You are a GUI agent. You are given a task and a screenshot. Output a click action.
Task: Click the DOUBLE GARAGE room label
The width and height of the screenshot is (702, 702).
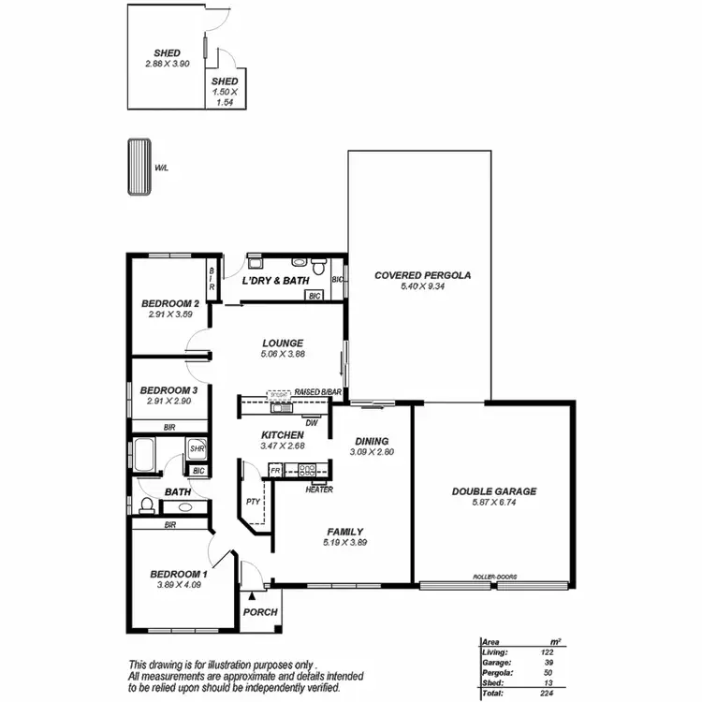[493, 491]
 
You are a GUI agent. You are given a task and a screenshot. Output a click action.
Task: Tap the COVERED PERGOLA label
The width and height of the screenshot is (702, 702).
[421, 275]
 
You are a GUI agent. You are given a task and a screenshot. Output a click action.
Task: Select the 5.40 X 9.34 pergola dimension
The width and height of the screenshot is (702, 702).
[421, 286]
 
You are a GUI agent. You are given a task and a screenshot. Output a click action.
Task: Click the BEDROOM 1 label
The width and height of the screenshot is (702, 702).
[178, 574]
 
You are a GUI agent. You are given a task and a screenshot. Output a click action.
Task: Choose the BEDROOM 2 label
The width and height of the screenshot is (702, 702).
[169, 304]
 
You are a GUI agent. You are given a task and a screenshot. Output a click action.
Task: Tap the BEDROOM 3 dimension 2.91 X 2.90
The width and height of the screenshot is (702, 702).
[169, 401]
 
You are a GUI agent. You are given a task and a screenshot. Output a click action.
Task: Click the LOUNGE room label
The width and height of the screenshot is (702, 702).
[282, 343]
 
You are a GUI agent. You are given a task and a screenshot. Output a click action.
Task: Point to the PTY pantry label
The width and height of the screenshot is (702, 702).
[252, 502]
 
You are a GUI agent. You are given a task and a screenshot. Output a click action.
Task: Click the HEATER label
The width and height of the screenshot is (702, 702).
[319, 489]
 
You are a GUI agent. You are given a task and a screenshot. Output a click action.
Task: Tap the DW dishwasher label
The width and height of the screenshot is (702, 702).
[312, 422]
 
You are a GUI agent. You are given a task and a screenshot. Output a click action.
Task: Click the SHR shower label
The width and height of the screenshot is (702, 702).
[197, 449]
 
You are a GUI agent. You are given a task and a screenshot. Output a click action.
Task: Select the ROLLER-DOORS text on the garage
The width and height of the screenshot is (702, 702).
[493, 578]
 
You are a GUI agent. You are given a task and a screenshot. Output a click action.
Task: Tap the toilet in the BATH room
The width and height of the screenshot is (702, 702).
[146, 506]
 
